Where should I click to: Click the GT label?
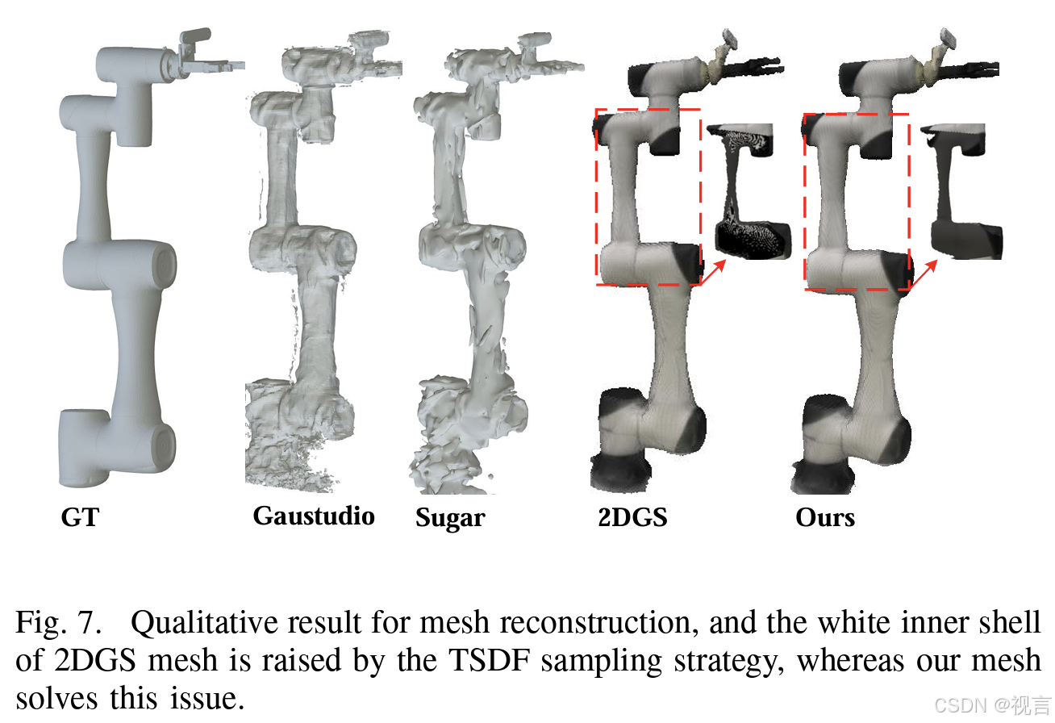80,517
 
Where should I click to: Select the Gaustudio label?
314,516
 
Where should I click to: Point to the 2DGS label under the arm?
632,517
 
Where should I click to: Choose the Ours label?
825,517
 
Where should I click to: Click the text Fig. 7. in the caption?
58,623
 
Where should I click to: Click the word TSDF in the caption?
490,660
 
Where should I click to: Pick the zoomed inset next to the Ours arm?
961,191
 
